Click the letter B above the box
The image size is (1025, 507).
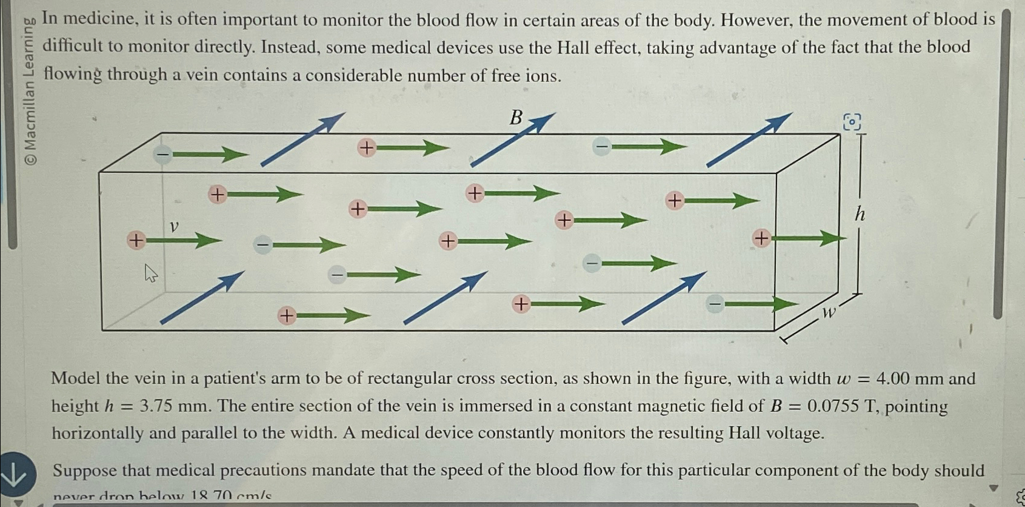pos(516,118)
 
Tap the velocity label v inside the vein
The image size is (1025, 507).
pos(174,226)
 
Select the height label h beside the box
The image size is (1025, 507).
pos(860,213)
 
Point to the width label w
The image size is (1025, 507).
pos(828,312)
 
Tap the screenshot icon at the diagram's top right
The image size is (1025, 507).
pos(852,122)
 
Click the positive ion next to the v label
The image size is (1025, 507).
pos(136,240)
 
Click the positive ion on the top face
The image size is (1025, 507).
pos(366,147)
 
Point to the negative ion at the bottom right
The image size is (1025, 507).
pos(715,303)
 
